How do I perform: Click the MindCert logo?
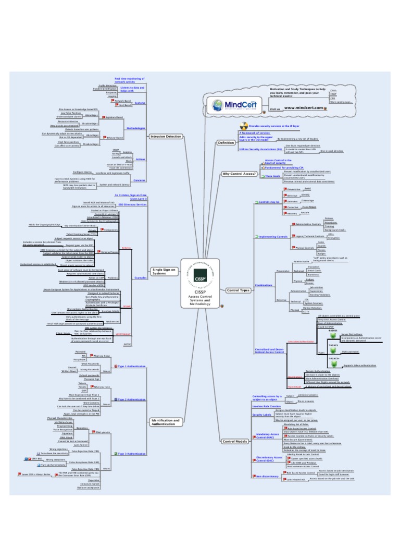(x=232, y=101)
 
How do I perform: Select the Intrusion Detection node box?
(x=166, y=137)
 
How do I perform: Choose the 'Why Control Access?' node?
(x=240, y=174)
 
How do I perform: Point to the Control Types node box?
(x=236, y=289)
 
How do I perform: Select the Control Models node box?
(x=234, y=442)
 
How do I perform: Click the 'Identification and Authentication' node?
(x=165, y=422)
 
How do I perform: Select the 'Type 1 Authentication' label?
(x=131, y=366)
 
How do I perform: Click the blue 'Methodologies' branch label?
(x=136, y=128)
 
